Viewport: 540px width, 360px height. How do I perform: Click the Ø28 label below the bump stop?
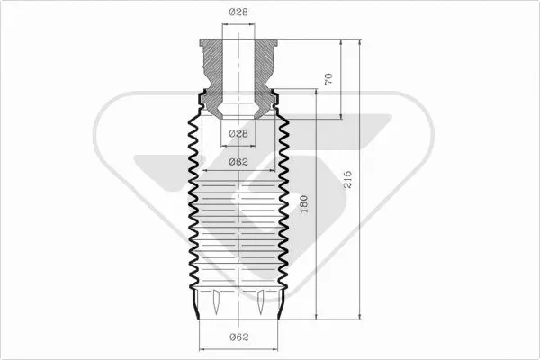(x=238, y=133)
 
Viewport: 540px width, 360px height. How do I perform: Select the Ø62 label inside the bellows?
(x=238, y=162)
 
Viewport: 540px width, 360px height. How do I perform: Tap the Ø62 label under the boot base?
(x=238, y=337)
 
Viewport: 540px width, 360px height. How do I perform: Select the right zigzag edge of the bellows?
(x=284, y=207)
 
